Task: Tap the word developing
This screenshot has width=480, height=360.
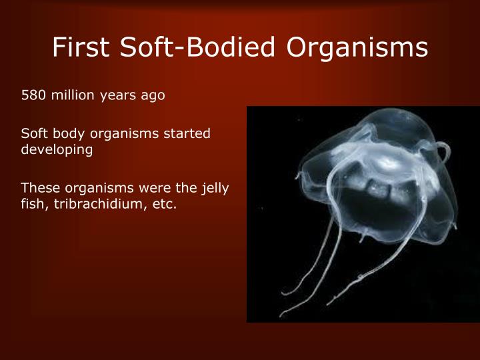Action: [57, 150]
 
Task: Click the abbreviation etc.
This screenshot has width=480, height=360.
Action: [165, 205]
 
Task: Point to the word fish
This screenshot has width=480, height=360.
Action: [32, 205]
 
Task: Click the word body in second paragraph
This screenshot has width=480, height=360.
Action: [65, 134]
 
